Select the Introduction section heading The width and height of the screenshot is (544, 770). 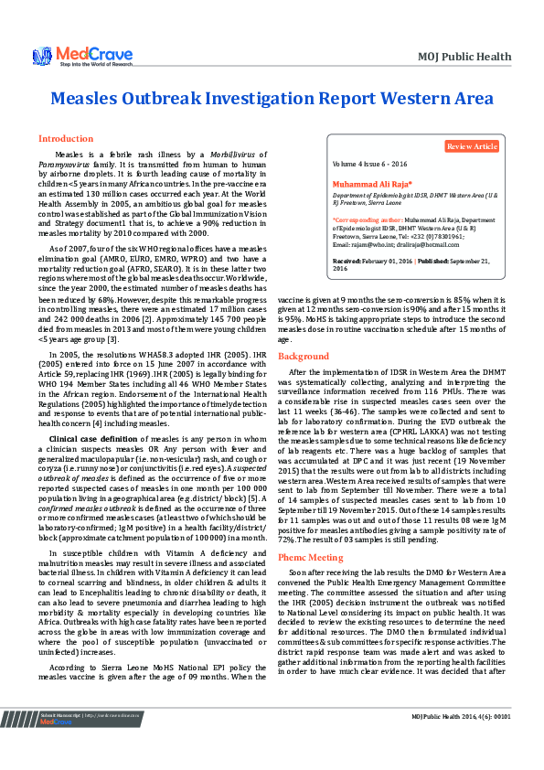(x=65, y=139)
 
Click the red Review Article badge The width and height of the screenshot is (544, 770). (x=473, y=146)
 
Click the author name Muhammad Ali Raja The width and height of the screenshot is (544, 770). (x=366, y=184)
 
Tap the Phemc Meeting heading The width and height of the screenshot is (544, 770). (x=311, y=530)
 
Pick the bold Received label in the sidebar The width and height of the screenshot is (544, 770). (x=348, y=260)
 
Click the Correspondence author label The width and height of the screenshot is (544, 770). (x=369, y=220)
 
